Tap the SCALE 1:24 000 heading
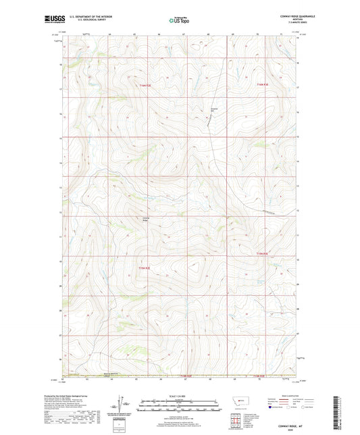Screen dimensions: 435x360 (x=179, y=396)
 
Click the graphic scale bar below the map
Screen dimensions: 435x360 (x=179, y=407)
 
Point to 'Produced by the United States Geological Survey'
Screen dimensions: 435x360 (x=85, y=396)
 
